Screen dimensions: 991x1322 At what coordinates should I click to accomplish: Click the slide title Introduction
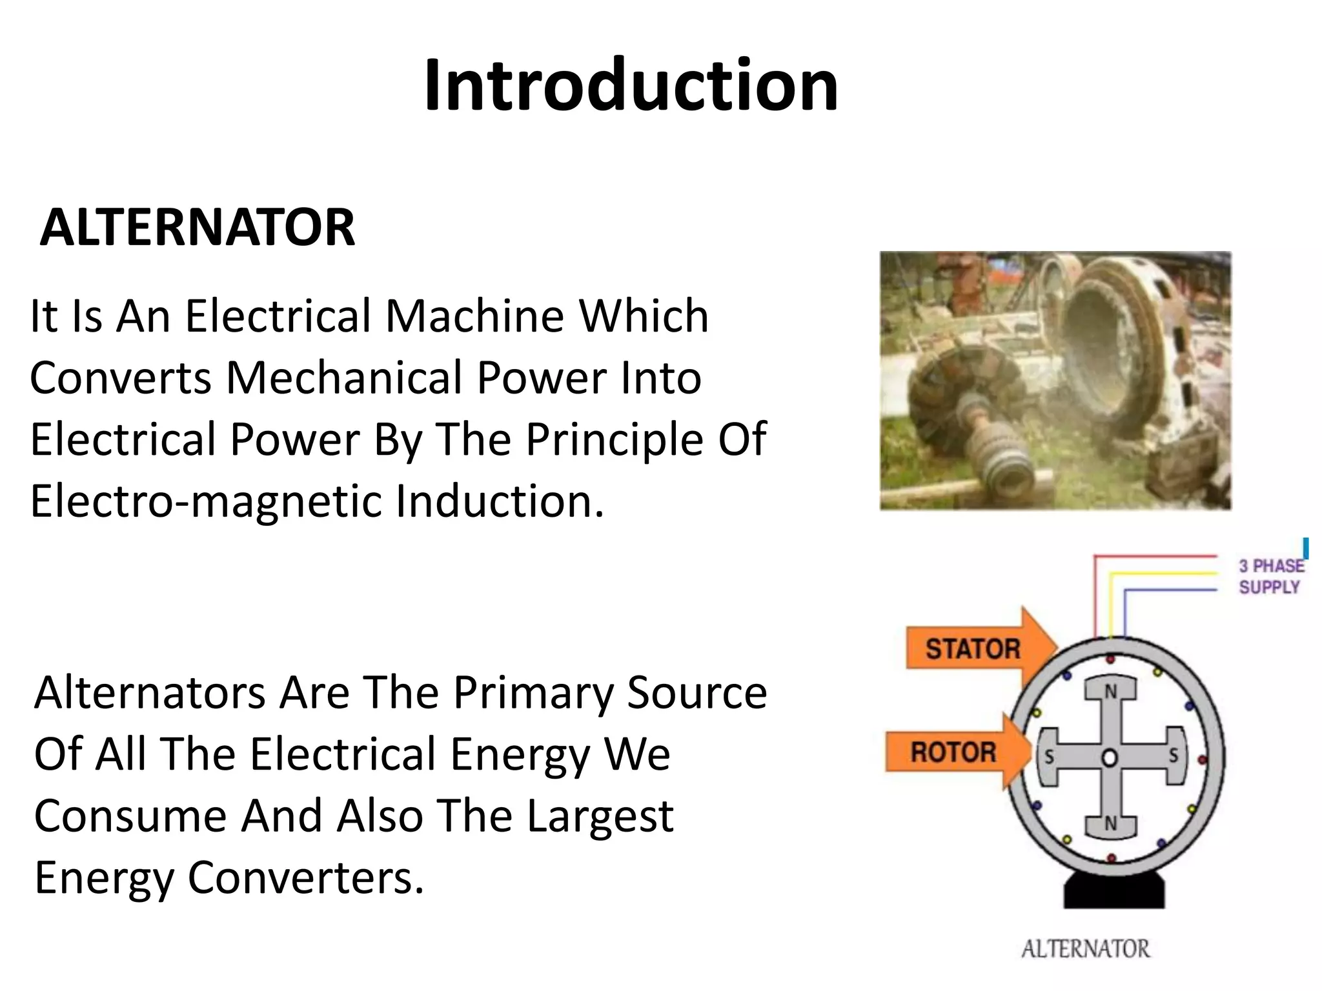(631, 85)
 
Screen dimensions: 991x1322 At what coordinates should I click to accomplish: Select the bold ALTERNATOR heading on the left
(197, 228)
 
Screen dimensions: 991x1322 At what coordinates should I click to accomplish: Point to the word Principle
(614, 439)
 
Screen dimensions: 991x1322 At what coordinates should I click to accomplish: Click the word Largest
(600, 816)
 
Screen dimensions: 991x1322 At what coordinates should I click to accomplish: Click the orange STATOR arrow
(975, 648)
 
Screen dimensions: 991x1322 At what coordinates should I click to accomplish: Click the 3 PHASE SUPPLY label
(1269, 576)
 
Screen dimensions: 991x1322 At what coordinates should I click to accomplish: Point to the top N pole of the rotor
(1110, 692)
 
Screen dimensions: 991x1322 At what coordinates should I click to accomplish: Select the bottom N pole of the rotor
(1110, 824)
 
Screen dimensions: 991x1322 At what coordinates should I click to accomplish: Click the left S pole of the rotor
(1049, 756)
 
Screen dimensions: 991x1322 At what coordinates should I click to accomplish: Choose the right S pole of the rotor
(1173, 756)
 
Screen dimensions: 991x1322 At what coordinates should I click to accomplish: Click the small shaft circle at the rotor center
(1109, 757)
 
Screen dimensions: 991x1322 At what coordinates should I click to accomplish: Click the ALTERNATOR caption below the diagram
(1086, 949)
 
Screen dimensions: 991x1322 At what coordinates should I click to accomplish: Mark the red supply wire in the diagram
(1155, 556)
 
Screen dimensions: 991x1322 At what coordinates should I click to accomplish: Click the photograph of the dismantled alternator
(1055, 381)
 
